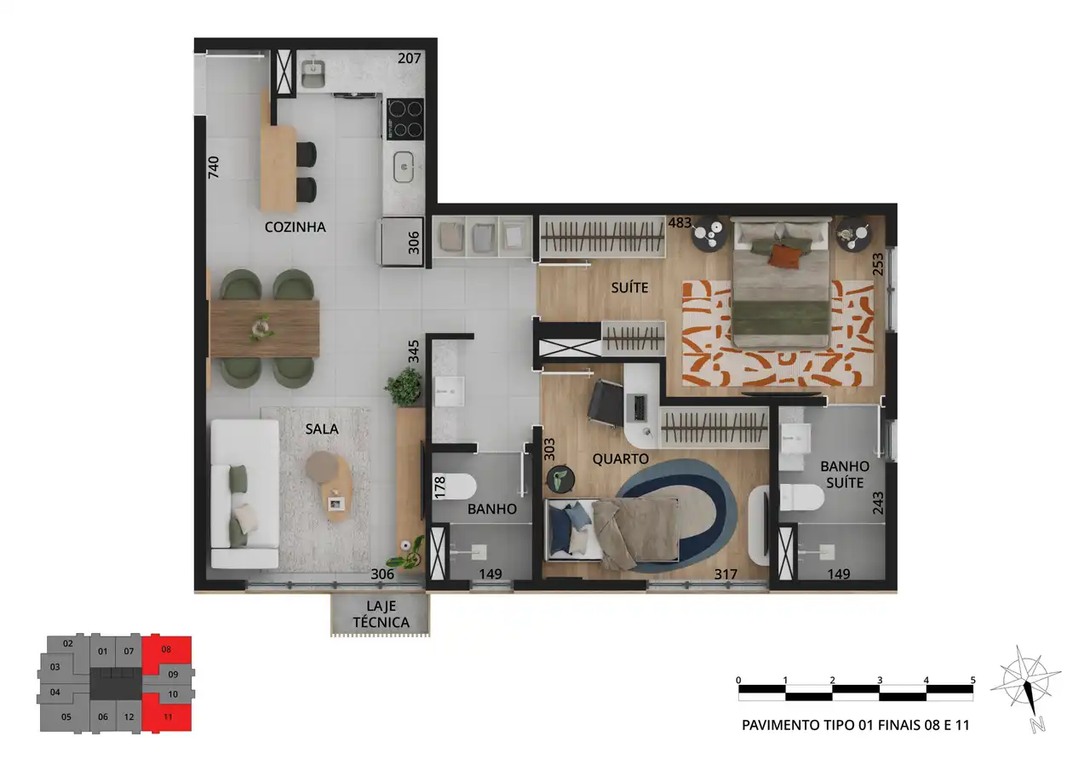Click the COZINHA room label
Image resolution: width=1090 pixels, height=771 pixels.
(295, 227)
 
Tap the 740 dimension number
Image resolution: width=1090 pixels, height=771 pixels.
(213, 167)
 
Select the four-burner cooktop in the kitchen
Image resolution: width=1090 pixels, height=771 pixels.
(404, 119)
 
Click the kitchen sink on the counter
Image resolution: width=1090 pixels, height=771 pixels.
(404, 167)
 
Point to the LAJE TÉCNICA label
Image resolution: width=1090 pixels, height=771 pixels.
(381, 613)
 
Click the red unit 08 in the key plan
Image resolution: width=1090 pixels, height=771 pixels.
(166, 650)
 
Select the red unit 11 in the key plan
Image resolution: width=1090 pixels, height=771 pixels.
(167, 716)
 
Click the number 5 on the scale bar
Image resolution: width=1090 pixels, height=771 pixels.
(972, 680)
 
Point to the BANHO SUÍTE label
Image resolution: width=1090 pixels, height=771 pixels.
(845, 474)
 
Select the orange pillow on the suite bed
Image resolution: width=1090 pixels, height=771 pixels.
(784, 257)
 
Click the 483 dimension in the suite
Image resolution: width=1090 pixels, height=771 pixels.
(680, 222)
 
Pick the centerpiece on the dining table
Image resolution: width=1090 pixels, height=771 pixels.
(261, 327)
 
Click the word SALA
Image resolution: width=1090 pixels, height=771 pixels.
(322, 429)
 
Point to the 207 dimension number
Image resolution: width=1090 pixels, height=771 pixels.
(409, 59)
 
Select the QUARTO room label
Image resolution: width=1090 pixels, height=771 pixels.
(621, 458)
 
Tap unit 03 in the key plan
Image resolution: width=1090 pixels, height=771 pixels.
(55, 667)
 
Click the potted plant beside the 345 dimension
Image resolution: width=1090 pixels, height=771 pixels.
(404, 387)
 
